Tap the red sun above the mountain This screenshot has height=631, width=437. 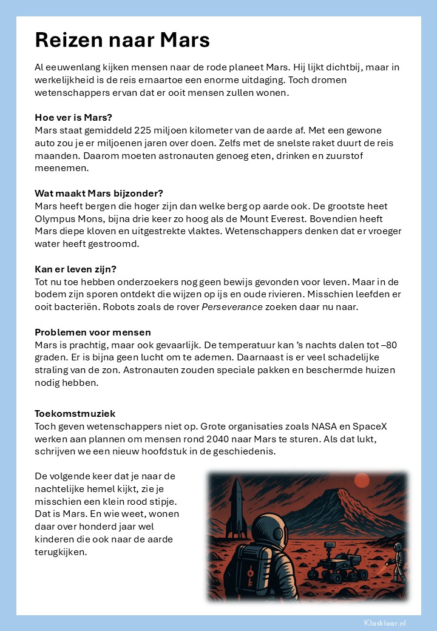(x=361, y=481)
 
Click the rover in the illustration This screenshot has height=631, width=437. (x=335, y=564)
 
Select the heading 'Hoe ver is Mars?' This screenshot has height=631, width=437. (x=73, y=117)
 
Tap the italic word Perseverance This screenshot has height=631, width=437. (x=232, y=307)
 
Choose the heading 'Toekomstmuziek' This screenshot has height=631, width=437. (x=75, y=413)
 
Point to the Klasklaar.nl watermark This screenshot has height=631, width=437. (x=385, y=623)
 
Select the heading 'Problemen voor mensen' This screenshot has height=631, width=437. (x=92, y=332)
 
